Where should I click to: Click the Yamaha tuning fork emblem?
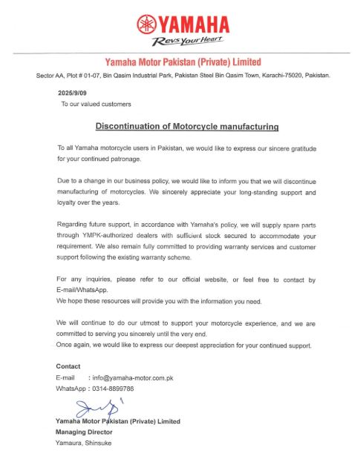144,24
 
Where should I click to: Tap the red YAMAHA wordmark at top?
191,24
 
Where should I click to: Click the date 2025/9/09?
73,93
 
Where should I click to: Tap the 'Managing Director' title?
84,431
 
